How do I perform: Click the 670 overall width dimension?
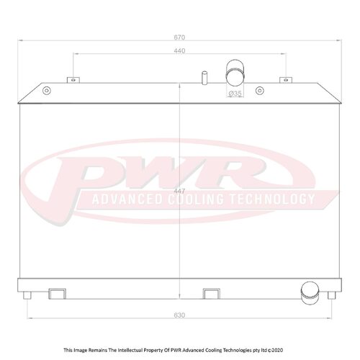[x=179, y=37]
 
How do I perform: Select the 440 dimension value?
[x=179, y=52]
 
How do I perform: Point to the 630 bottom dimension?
[x=179, y=315]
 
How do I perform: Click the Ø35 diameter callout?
[x=235, y=94]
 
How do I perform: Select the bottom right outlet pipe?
[x=308, y=291]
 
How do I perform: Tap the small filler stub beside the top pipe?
[x=205, y=76]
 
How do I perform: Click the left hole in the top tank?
[x=46, y=91]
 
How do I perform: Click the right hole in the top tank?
[x=312, y=91]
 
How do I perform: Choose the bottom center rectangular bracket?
[x=210, y=293]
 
